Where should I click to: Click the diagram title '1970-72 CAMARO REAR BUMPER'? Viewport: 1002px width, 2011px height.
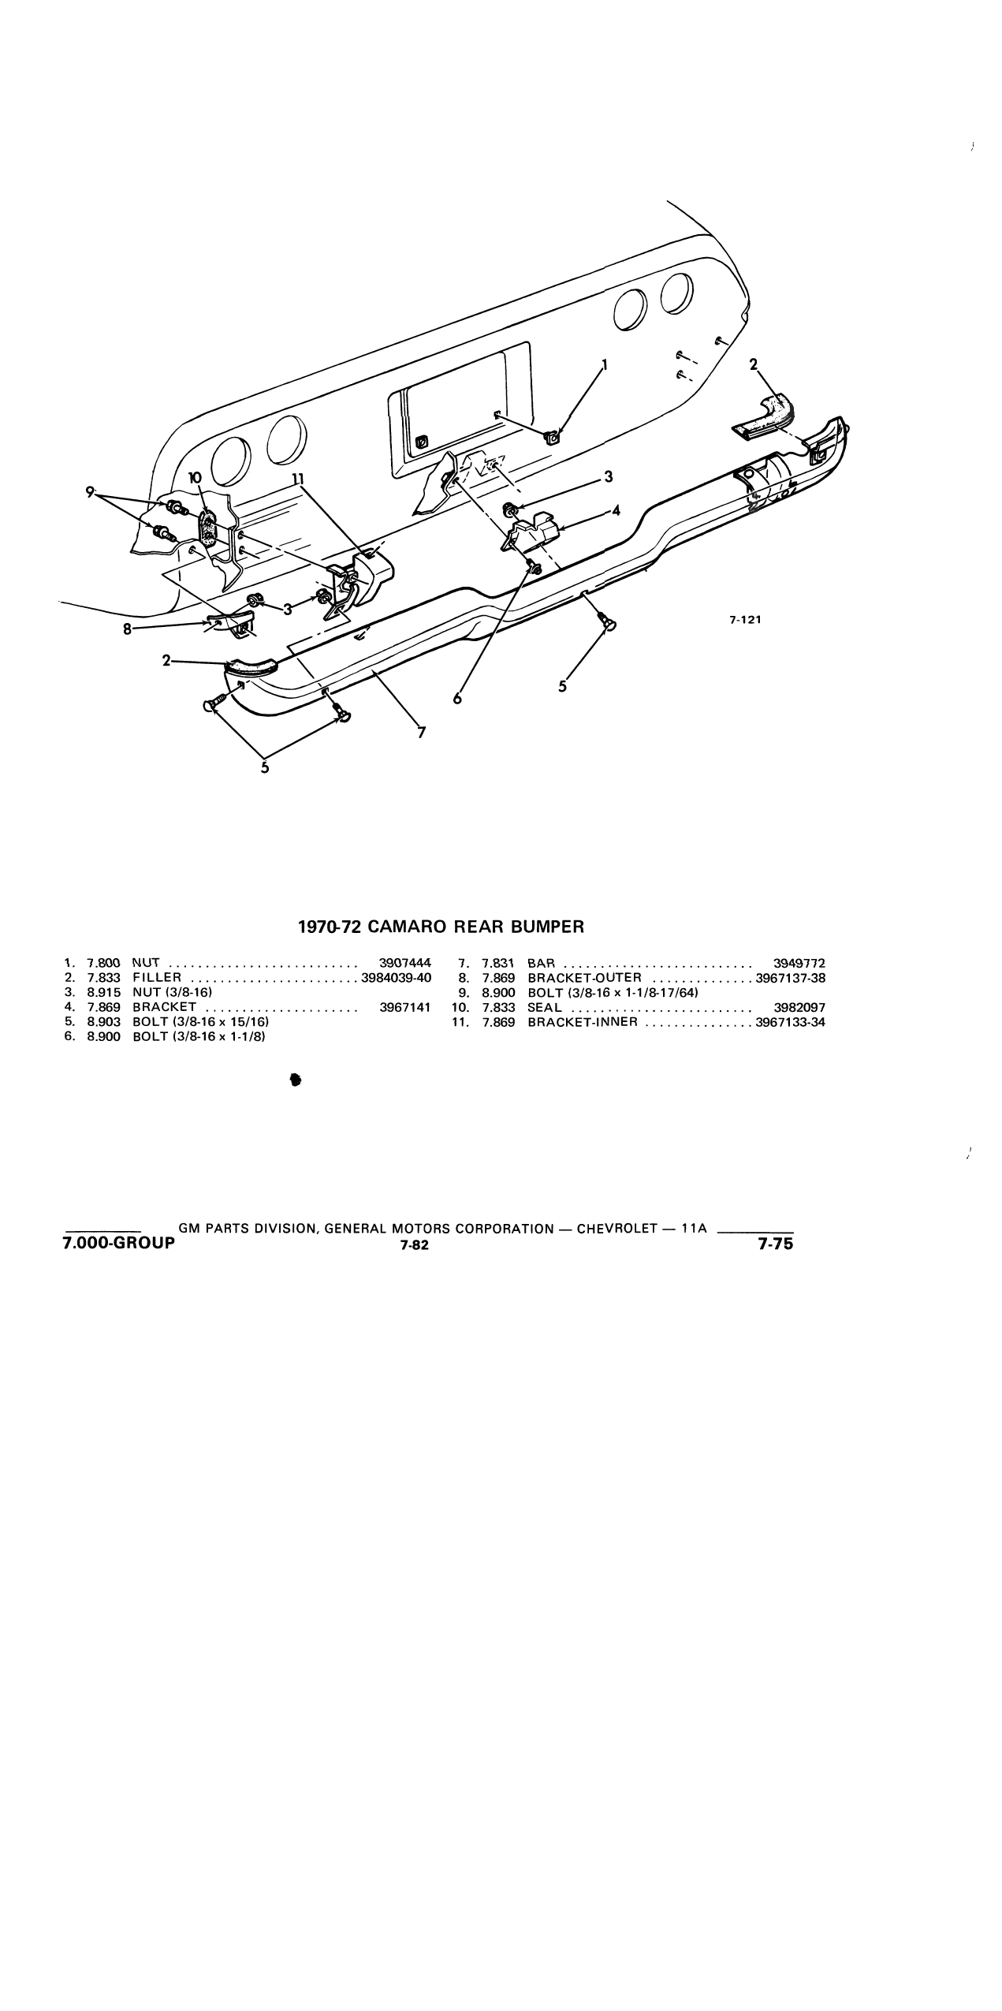click(441, 927)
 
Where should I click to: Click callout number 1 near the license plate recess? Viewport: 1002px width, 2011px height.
click(605, 365)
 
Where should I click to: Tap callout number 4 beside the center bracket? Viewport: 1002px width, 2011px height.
click(616, 510)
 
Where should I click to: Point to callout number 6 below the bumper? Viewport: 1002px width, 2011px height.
click(458, 699)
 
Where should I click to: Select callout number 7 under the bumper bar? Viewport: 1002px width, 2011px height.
click(422, 733)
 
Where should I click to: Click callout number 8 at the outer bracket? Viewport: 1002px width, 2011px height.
click(127, 629)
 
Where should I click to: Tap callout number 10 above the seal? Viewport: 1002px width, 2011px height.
click(196, 478)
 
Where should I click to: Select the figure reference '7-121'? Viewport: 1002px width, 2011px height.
click(745, 620)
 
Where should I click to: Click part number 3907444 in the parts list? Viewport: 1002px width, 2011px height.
click(405, 962)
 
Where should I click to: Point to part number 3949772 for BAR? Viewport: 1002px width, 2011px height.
click(799, 962)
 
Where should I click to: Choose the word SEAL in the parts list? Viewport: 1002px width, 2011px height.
click(545, 1007)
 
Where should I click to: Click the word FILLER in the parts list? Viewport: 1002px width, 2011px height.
click(157, 977)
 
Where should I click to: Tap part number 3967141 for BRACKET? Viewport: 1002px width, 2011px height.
click(405, 1007)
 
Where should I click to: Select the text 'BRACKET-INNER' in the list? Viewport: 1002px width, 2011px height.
click(582, 1022)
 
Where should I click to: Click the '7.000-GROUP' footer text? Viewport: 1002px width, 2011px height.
click(119, 1244)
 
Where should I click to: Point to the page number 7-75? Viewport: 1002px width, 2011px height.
click(775, 1244)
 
